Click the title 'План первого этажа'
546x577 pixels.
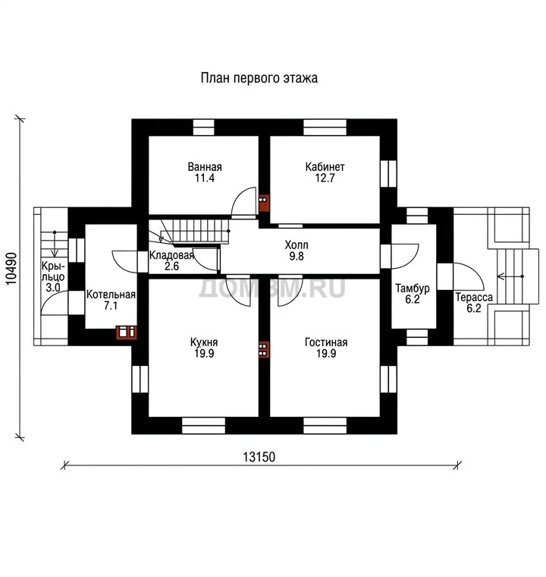pos(259,78)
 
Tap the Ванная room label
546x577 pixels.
pos(205,167)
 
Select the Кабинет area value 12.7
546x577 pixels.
pos(325,178)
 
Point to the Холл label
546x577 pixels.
pos(297,244)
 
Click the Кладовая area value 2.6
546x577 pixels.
pos(171,266)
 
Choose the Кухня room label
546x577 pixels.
pos(204,342)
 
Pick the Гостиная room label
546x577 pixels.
pos(326,342)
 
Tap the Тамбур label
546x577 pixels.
pos(413,288)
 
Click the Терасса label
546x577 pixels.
pos(474,297)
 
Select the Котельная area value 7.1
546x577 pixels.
pos(111,305)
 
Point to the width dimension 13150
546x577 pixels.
pos(259,457)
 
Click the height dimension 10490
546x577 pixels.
pos(12,269)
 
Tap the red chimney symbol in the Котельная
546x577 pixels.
pos(127,332)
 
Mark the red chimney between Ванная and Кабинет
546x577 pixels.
pos(264,203)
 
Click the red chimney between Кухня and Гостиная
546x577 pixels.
pos(264,349)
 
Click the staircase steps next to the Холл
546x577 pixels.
pos(194,231)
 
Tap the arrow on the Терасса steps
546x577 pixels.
pos(510,276)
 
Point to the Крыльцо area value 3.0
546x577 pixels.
pos(53,288)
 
